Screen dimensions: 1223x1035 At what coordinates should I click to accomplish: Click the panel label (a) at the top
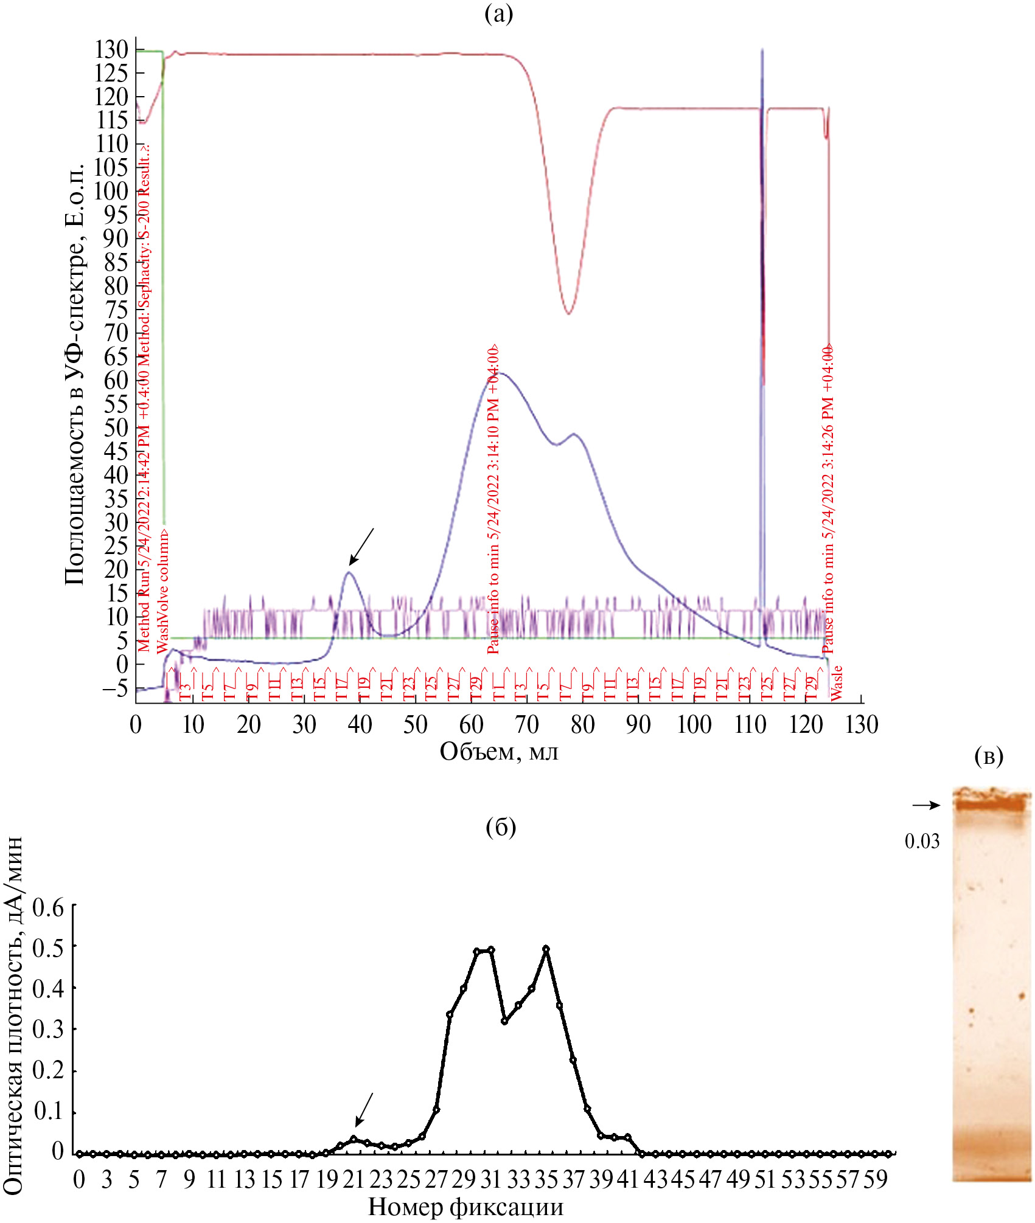[x=498, y=13]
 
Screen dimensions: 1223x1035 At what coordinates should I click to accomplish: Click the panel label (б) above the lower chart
[x=501, y=827]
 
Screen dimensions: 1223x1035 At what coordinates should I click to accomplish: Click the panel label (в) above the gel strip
[x=989, y=756]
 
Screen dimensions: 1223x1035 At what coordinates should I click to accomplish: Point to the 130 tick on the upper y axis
[x=111, y=50]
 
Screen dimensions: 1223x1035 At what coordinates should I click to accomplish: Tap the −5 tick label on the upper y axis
[x=115, y=688]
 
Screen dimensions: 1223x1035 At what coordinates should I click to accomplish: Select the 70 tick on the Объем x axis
[x=527, y=724]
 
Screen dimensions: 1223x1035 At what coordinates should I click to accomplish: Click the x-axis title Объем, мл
[x=498, y=752]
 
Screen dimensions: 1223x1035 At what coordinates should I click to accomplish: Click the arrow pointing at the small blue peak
[x=361, y=546]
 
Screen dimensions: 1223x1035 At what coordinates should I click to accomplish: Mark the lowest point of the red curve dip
[x=568, y=313]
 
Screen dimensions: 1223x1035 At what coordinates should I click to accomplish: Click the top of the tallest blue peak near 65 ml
[x=501, y=373]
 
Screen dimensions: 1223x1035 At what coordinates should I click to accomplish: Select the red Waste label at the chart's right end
[x=837, y=682]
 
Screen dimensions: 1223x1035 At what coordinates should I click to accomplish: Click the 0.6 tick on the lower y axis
[x=49, y=907]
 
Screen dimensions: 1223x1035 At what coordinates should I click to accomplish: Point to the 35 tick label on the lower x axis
[x=546, y=1180]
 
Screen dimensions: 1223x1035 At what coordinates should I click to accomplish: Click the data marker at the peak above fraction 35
[x=546, y=949]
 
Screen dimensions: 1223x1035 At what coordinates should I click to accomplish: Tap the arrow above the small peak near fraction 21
[x=364, y=1110]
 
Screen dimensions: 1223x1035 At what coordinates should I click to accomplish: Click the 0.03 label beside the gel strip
[x=922, y=841]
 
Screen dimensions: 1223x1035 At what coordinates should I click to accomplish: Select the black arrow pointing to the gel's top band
[x=926, y=805]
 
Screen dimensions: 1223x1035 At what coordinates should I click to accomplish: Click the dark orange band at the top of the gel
[x=991, y=805]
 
